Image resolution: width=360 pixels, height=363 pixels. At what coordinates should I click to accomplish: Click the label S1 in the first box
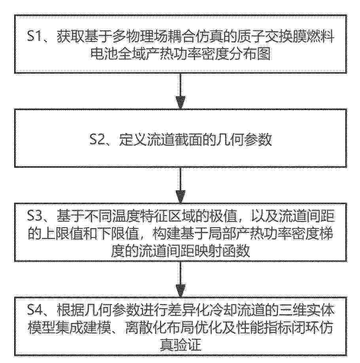(x=34, y=36)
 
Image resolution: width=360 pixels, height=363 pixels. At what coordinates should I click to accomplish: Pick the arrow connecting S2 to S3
(x=180, y=185)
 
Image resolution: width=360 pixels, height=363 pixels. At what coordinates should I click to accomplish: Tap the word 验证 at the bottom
(x=188, y=345)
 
